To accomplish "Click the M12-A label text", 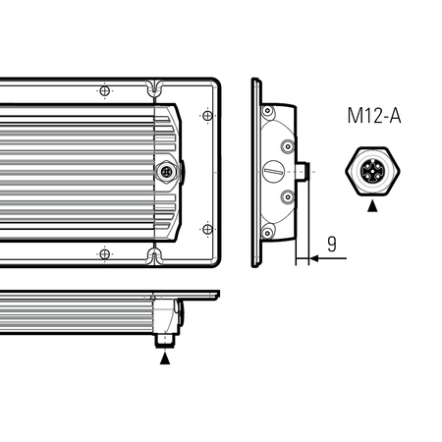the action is pyautogui.click(x=374, y=116).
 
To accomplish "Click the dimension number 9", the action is pyautogui.click(x=332, y=244).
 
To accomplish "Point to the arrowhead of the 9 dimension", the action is pyautogui.click(x=314, y=258).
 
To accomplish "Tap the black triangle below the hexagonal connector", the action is pyautogui.click(x=372, y=206).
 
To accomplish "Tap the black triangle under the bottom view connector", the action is pyautogui.click(x=165, y=359).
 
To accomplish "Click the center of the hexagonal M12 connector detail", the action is pyautogui.click(x=372, y=171).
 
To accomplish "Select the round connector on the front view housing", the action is pyautogui.click(x=167, y=171).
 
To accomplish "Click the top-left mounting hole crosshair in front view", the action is pyautogui.click(x=104, y=90).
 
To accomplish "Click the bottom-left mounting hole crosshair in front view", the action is pyautogui.click(x=104, y=253).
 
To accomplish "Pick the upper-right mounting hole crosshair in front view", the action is pyautogui.click(x=207, y=116).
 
